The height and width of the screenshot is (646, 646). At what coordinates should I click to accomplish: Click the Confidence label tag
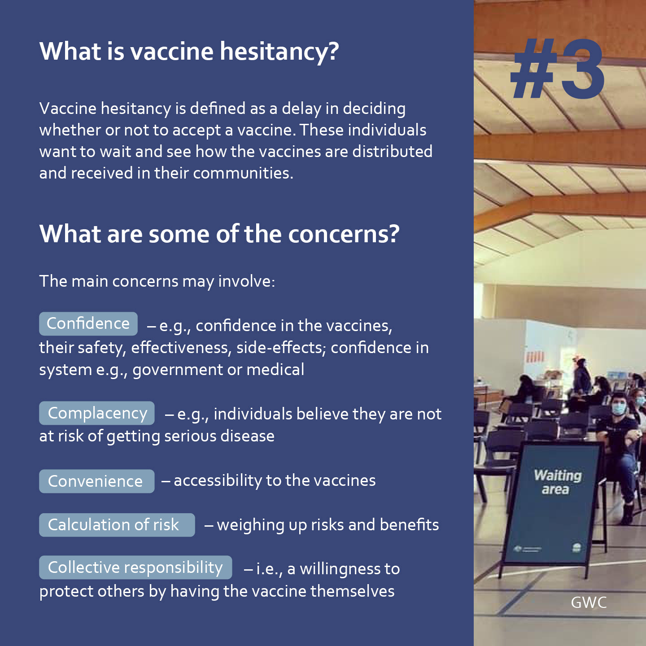pos(88,323)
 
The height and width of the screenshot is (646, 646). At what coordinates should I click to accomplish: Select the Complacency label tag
pos(97,413)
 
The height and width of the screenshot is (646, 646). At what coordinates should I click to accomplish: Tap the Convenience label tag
pos(97,481)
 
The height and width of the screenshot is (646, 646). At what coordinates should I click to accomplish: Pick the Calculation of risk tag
pos(117,524)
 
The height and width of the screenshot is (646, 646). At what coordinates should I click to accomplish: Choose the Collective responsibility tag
pos(135,567)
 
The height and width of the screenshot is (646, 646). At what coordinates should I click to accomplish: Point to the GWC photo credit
pos(589,602)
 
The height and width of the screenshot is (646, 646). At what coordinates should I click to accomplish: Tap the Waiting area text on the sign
pos(557,482)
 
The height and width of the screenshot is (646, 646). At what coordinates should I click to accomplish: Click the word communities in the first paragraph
pos(243,173)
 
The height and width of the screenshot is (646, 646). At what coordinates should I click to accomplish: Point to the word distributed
pos(392,151)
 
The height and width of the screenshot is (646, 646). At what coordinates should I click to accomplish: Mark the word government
pos(178,370)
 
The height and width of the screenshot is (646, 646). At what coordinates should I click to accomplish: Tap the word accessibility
pos(218,480)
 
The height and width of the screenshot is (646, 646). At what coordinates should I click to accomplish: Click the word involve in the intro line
pos(246,281)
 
